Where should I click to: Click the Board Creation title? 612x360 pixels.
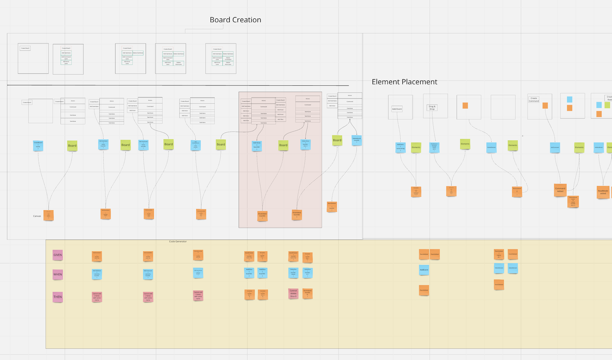pyautogui.click(x=235, y=20)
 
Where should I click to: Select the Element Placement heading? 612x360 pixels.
pyautogui.click(x=404, y=82)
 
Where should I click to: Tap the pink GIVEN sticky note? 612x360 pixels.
pyautogui.click(x=58, y=255)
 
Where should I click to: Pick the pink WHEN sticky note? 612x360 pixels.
pyautogui.click(x=58, y=274)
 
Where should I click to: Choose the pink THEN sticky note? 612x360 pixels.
pyautogui.click(x=58, y=297)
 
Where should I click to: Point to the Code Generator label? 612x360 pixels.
pyautogui.click(x=178, y=242)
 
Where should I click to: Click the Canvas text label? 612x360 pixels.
pyautogui.click(x=37, y=216)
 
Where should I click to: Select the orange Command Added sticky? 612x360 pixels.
pyautogui.click(x=560, y=190)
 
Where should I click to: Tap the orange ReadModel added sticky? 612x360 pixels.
pyautogui.click(x=603, y=192)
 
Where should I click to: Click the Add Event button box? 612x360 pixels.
pyautogui.click(x=397, y=109)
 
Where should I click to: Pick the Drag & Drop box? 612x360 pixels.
pyautogui.click(x=432, y=108)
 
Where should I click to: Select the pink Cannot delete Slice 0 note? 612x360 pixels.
pyautogui.click(x=293, y=293)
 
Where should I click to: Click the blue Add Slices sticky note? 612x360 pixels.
pyautogui.click(x=257, y=145)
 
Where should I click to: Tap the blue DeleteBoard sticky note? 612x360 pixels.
pyautogui.click(x=357, y=140)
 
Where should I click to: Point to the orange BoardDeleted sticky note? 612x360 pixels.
pyautogui.click(x=332, y=206)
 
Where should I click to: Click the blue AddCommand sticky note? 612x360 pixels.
pyautogui.click(x=554, y=147)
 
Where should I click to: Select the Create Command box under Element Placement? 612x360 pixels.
pyautogui.click(x=534, y=100)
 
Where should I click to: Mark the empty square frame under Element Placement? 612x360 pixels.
pyautogui.click(x=503, y=107)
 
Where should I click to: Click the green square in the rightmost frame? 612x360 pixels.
pyautogui.click(x=607, y=105)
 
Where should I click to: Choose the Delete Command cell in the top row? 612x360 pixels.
pyautogui.click(x=228, y=58)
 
